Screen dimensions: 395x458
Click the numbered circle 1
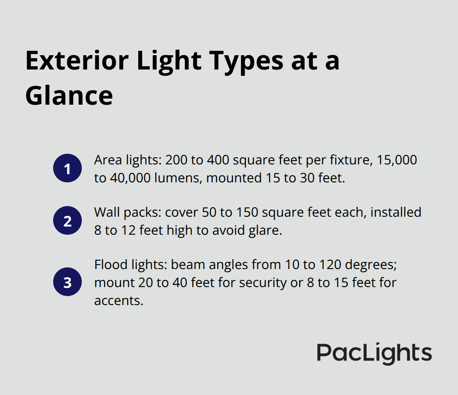(x=67, y=168)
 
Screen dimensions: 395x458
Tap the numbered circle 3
(x=67, y=281)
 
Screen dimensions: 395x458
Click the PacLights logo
(x=374, y=353)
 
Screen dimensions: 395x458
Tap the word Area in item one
(x=107, y=160)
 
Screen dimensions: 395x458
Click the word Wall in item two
(x=106, y=212)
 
